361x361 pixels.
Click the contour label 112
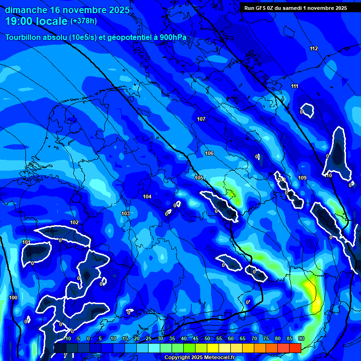314,49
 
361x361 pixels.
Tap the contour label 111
295,86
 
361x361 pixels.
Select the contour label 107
201,119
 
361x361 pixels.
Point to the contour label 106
209,154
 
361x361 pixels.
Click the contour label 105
199,178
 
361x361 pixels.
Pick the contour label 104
147,196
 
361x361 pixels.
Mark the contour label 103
126,213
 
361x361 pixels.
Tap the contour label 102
74,222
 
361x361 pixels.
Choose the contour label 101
26,242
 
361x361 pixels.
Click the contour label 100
13,298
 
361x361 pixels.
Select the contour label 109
302,178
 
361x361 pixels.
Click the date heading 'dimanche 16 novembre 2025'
67,10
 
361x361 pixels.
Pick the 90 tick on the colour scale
301,338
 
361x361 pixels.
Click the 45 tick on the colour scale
195,338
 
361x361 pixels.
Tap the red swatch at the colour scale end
295,348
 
